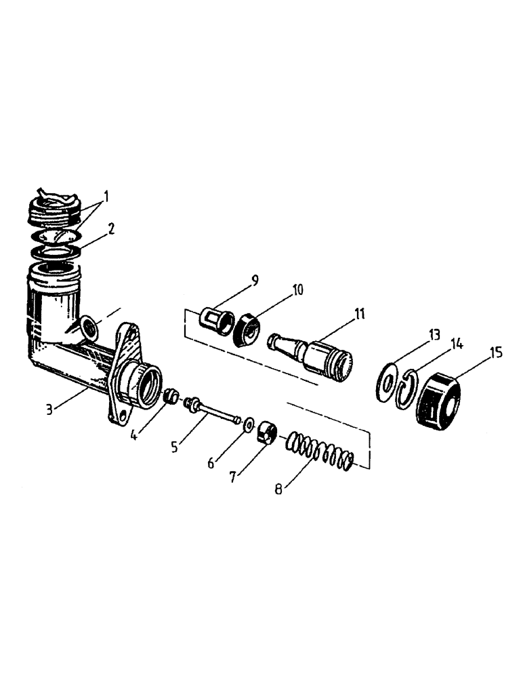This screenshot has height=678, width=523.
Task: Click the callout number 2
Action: pos(110,228)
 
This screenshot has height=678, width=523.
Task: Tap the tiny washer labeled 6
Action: pos(249,425)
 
